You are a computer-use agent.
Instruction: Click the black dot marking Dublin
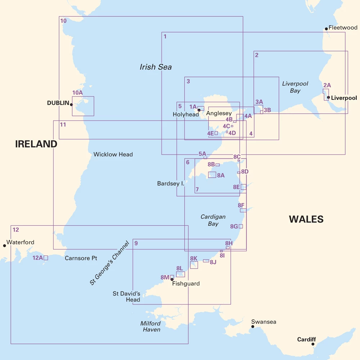[71, 105]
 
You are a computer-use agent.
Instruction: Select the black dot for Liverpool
[328, 97]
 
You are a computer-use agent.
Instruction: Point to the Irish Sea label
[156, 67]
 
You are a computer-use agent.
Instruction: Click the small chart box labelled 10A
[83, 106]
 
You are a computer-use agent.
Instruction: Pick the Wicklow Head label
[113, 154]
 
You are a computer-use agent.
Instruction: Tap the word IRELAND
[36, 144]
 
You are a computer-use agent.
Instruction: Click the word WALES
[306, 219]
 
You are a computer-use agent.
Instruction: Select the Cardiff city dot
[313, 344]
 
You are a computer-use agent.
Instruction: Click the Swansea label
[264, 322]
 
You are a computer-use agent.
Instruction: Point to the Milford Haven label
[150, 327]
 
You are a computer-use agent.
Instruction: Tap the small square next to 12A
[46, 258]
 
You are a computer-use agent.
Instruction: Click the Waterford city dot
[4, 246]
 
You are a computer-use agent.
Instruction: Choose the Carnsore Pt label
[81, 258]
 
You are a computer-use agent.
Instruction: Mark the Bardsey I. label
[171, 184]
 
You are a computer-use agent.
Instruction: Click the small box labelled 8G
[240, 226]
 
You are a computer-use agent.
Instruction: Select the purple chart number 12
[15, 229]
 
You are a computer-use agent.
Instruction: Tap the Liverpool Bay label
[295, 87]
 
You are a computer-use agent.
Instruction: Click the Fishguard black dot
[172, 279]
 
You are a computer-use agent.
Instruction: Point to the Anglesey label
[219, 114]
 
